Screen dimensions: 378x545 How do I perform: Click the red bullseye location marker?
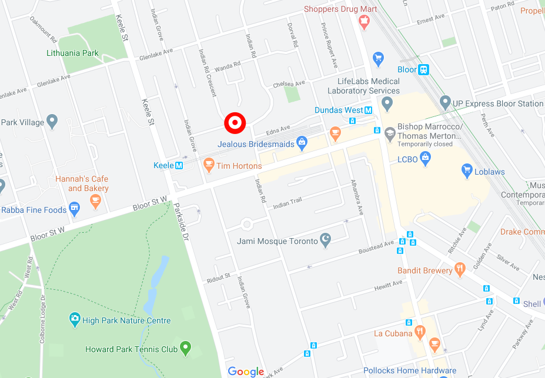coord(235,122)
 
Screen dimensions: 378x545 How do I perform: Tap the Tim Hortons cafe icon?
coord(208,165)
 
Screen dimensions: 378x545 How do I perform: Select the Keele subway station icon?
coord(179,165)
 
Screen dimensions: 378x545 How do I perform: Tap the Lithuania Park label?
coord(72,53)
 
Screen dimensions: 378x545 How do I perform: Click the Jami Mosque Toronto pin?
coord(325,240)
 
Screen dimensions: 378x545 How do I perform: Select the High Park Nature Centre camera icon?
coord(74,320)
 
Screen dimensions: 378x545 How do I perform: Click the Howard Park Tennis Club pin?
coord(186,348)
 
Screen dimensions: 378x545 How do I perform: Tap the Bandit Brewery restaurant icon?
coord(460,270)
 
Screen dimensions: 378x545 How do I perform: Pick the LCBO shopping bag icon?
coord(426,158)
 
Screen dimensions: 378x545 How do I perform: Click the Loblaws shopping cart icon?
coord(467,171)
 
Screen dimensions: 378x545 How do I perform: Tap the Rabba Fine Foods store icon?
coord(75,209)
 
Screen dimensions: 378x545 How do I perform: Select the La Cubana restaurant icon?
coord(420,333)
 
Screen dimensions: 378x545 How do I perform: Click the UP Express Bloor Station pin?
coord(445,103)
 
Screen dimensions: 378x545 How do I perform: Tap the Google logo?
coord(246,371)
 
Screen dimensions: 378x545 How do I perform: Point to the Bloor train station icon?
coord(423,69)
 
